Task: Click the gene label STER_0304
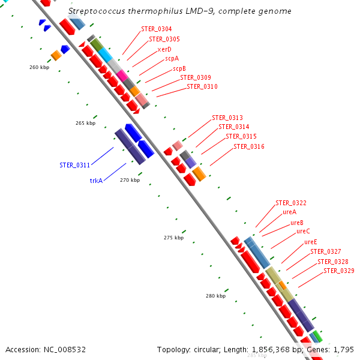[157, 29]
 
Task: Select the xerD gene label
[164, 49]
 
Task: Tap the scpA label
[172, 59]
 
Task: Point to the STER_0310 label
[202, 87]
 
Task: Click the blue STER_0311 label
[74, 166]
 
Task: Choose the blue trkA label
[96, 181]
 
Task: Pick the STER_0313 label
[227, 118]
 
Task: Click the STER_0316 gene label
[248, 146]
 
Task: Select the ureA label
[289, 212]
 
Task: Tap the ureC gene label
[303, 232]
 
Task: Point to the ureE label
[310, 242]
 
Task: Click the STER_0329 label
[338, 271]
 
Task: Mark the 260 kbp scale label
[39, 67]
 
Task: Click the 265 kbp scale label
[85, 123]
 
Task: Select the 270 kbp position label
[130, 180]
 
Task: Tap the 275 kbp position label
[173, 238]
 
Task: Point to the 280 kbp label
[215, 296]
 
